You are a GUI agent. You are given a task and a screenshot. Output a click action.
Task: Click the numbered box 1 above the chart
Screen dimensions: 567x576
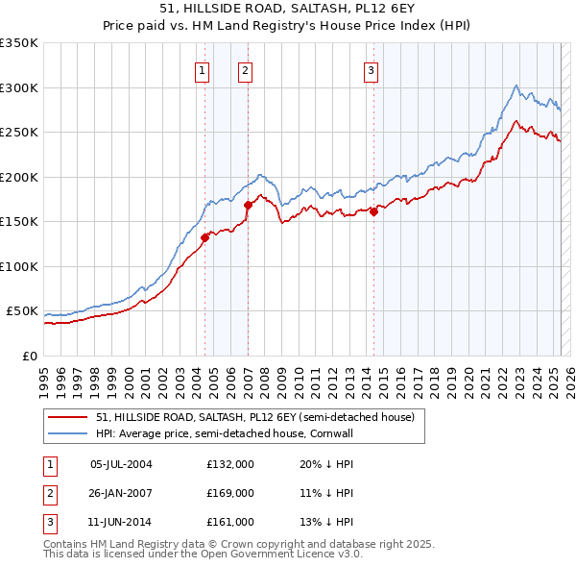point(203,69)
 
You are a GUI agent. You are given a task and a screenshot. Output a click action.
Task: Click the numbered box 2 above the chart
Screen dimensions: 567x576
point(245,69)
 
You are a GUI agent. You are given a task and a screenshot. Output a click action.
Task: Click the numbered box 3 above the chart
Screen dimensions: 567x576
point(371,69)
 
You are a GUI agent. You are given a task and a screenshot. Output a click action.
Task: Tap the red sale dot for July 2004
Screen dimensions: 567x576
point(205,237)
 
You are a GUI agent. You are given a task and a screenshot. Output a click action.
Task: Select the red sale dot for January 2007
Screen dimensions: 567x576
point(248,204)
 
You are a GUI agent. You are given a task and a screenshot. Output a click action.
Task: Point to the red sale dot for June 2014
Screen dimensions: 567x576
point(373,212)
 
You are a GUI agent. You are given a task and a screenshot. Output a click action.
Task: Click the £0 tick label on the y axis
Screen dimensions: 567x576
point(30,356)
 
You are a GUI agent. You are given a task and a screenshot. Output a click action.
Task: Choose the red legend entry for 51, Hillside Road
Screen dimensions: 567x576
point(254,417)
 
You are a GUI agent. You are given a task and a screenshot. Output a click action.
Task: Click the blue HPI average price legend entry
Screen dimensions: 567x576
point(238,433)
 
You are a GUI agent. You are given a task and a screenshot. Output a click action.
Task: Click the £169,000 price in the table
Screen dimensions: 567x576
point(230,493)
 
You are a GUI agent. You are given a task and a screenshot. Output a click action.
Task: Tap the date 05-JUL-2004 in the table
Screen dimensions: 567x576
point(121,464)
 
